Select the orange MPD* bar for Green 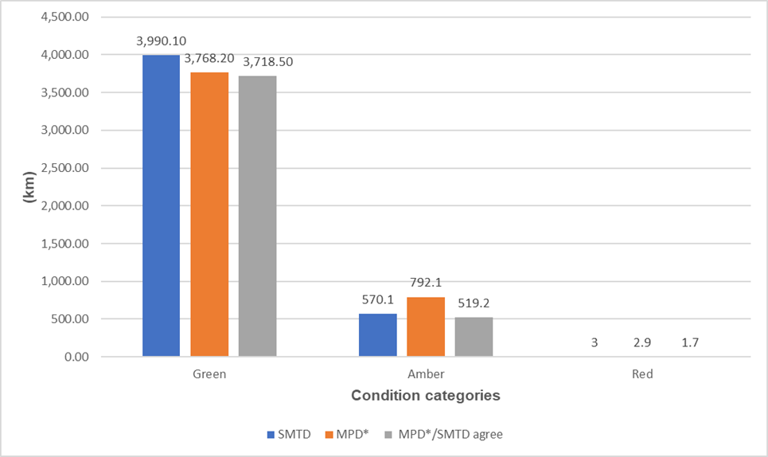(209, 214)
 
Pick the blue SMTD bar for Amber (377, 335)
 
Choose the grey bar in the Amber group (474, 337)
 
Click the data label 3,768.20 (209, 57)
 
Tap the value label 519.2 (474, 303)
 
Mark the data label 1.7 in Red (691, 343)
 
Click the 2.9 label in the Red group (642, 343)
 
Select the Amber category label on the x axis (426, 373)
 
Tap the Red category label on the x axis (642, 373)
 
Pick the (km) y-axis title (29, 187)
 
